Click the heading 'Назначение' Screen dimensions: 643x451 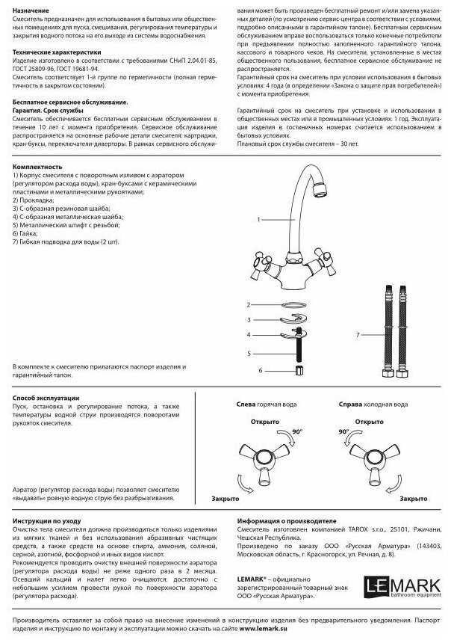pyautogui.click(x=31, y=10)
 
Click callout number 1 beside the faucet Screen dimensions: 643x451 pyautogui.click(x=258, y=220)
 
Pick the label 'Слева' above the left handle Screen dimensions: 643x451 pyautogui.click(x=246, y=404)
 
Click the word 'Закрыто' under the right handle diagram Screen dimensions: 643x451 pyautogui.click(x=413, y=498)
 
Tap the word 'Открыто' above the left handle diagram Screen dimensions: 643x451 pyautogui.click(x=265, y=422)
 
